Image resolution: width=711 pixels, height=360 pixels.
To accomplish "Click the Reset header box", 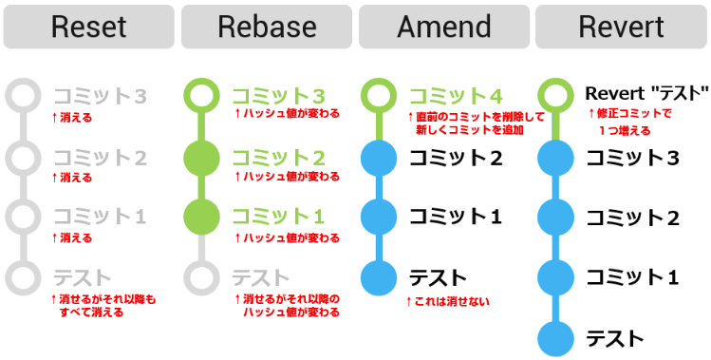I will click(88, 27).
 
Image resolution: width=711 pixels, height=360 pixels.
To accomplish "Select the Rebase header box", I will click(266, 27).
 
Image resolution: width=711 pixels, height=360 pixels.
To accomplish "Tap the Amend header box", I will click(443, 27).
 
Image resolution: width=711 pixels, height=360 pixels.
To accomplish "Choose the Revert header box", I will click(621, 27).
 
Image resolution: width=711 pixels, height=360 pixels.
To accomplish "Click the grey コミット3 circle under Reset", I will click(24, 96).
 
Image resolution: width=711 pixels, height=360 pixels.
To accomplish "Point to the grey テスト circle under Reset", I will click(24, 277).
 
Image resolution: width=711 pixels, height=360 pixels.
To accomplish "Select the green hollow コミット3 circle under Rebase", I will click(201, 96).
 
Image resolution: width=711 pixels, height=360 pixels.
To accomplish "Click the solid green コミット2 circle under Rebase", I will click(201, 157).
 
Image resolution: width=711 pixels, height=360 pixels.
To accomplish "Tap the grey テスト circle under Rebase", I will click(201, 277).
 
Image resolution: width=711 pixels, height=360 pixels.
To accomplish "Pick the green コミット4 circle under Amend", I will click(379, 96).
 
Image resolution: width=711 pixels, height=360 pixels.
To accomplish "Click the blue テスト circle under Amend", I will click(379, 277).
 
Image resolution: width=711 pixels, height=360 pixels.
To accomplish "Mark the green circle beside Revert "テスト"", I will click(555, 96).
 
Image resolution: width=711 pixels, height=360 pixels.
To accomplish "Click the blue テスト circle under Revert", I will click(555, 338).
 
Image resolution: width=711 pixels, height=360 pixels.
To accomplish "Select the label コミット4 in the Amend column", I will click(457, 96).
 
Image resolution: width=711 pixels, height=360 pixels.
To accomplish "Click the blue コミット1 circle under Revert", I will click(555, 277).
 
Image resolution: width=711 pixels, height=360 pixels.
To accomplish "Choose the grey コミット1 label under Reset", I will click(101, 217).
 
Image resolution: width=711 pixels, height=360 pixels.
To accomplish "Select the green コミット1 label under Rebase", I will click(278, 217).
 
